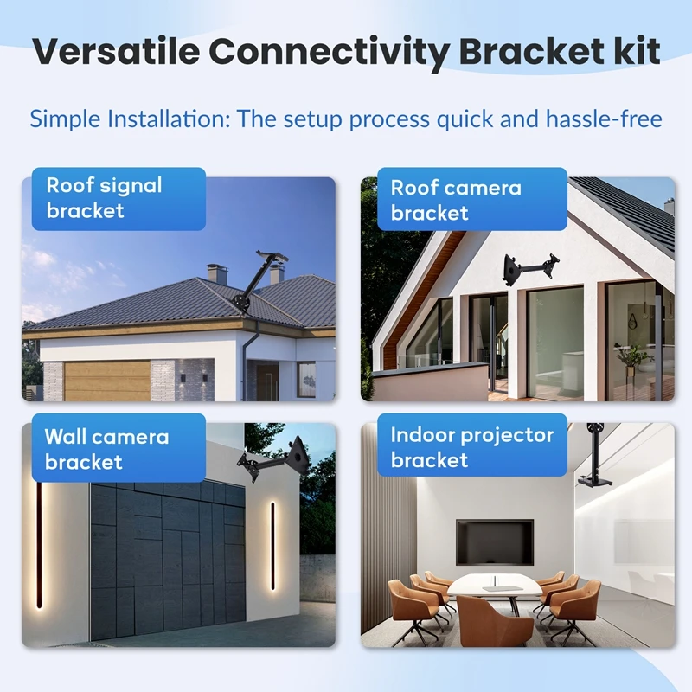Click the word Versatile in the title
pos(117,51)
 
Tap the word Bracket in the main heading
pos(531,51)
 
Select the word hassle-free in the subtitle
pos(604,119)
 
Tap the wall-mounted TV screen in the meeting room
pos(495,542)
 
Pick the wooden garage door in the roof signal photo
pos(107,381)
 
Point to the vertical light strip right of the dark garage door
pos(272,546)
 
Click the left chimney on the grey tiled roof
pos(217,273)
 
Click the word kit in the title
pos(637,51)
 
